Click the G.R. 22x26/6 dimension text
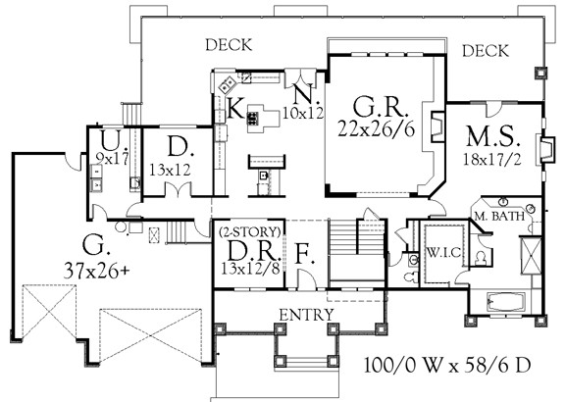pyautogui.click(x=377, y=129)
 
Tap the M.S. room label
pyautogui.click(x=493, y=136)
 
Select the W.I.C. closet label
pyautogui.click(x=444, y=253)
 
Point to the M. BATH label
pyautogui.click(x=499, y=216)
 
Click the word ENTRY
pyautogui.click(x=307, y=315)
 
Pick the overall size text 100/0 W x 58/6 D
pyautogui.click(x=447, y=366)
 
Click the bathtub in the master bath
pyautogui.click(x=506, y=300)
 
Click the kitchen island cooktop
pyautogui.click(x=252, y=118)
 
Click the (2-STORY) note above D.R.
pyautogui.click(x=250, y=231)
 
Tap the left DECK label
pyautogui.click(x=229, y=45)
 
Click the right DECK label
pyautogui.click(x=486, y=51)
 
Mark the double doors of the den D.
pyautogui.click(x=179, y=189)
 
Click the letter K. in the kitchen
pyautogui.click(x=236, y=109)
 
